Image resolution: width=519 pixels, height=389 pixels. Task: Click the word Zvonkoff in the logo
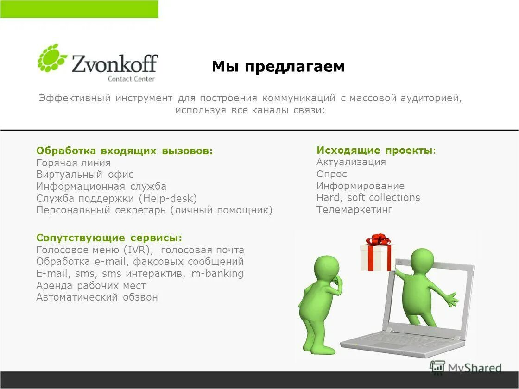[x=114, y=63]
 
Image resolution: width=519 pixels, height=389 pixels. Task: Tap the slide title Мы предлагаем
[x=278, y=67]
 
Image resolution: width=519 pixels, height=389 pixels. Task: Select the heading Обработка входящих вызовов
[x=125, y=151]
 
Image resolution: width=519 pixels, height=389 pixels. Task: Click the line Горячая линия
[x=73, y=163]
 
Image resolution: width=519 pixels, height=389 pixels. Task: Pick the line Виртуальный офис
[x=85, y=175]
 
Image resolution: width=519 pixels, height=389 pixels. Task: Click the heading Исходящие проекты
[x=376, y=151]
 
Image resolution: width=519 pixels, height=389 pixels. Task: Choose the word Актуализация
[x=351, y=162]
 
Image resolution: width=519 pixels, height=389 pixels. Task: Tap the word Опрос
[x=331, y=174]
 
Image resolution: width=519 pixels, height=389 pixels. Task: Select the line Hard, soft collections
[x=368, y=198]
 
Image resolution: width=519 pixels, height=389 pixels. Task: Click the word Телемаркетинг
[x=354, y=210]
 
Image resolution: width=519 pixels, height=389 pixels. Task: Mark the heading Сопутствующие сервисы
[x=109, y=238]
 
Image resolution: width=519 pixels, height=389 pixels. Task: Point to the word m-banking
[x=217, y=274]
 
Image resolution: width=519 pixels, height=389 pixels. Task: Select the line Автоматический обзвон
[x=97, y=297]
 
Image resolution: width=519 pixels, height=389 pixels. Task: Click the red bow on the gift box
[x=378, y=239]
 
